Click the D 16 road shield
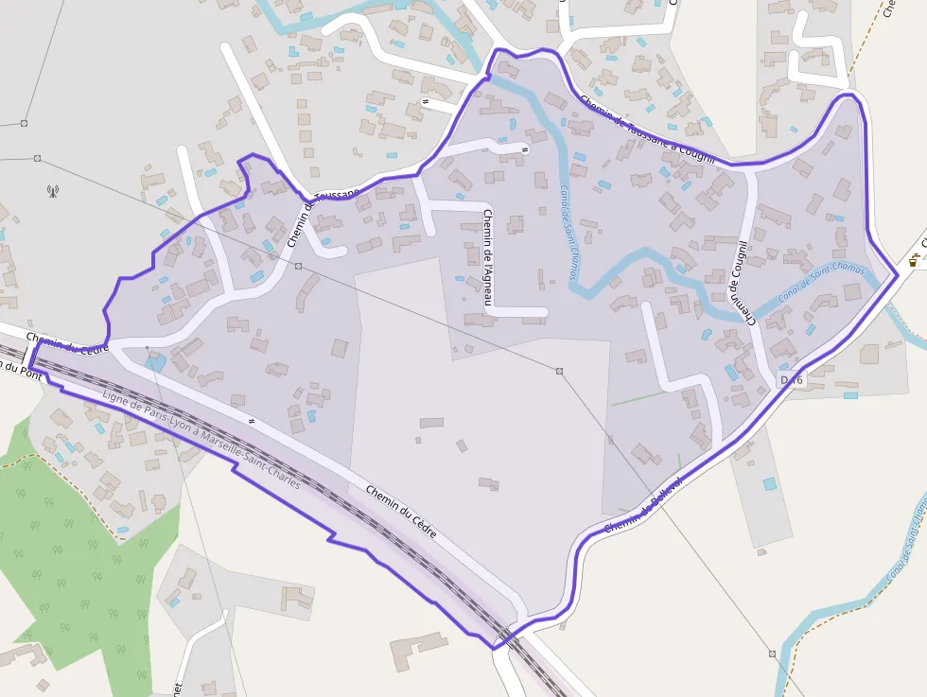pos(790,379)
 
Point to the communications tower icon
pos(52,191)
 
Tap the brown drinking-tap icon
pos(915,260)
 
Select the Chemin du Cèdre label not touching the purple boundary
pos(401,512)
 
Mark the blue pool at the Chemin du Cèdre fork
pos(155,361)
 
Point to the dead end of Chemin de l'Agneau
pos(545,311)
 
